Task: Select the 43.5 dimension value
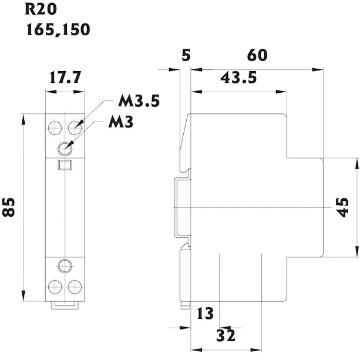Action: tap(238, 78)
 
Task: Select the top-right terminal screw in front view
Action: tap(74, 126)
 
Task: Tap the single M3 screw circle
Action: tap(65, 147)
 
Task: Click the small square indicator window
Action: tap(65, 166)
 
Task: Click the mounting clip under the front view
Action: tap(65, 305)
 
